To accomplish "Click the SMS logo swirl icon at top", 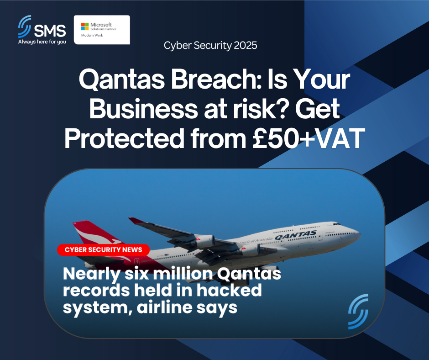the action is coord(24,27).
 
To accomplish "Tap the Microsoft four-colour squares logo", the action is coord(85,26).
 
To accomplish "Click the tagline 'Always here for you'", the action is coord(42,42).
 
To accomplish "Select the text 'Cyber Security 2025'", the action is coord(210,45).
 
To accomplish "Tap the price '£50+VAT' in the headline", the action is coord(309,138).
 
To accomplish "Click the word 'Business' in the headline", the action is coord(143,109).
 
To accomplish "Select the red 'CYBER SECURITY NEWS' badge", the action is coord(104,249).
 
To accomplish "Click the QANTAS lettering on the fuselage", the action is coord(295,235).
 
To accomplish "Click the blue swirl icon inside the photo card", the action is coord(358,312).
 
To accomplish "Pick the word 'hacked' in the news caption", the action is coord(229,290).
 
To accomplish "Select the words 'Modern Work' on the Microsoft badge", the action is coord(92,35).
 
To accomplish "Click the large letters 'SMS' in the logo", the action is coord(50,31).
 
